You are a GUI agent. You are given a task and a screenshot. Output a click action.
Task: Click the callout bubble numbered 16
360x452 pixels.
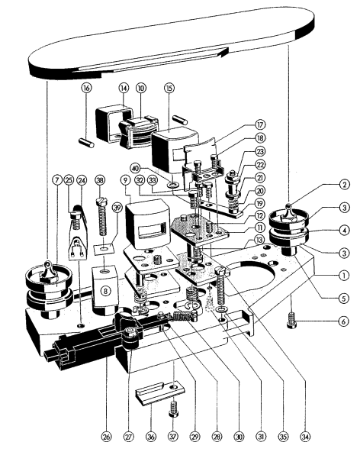click(x=86, y=88)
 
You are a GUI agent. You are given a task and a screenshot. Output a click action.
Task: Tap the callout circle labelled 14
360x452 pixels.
click(x=124, y=88)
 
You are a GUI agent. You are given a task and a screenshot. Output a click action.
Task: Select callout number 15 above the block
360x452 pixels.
click(x=169, y=88)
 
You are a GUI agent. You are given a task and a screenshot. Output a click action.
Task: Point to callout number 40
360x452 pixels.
click(x=135, y=167)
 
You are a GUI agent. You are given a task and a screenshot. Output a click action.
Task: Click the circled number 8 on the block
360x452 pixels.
click(x=106, y=291)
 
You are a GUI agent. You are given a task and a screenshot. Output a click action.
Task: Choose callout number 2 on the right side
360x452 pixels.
click(x=345, y=184)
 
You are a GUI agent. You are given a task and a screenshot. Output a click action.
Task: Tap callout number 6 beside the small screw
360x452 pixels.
click(x=342, y=321)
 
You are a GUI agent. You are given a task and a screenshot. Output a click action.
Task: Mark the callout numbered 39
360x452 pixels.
click(x=117, y=208)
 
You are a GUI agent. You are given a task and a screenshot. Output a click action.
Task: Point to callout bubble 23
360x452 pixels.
click(x=260, y=151)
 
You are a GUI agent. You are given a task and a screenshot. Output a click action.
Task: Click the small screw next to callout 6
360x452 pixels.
click(x=292, y=320)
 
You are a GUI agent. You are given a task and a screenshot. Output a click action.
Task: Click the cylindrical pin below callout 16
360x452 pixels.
click(x=86, y=143)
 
